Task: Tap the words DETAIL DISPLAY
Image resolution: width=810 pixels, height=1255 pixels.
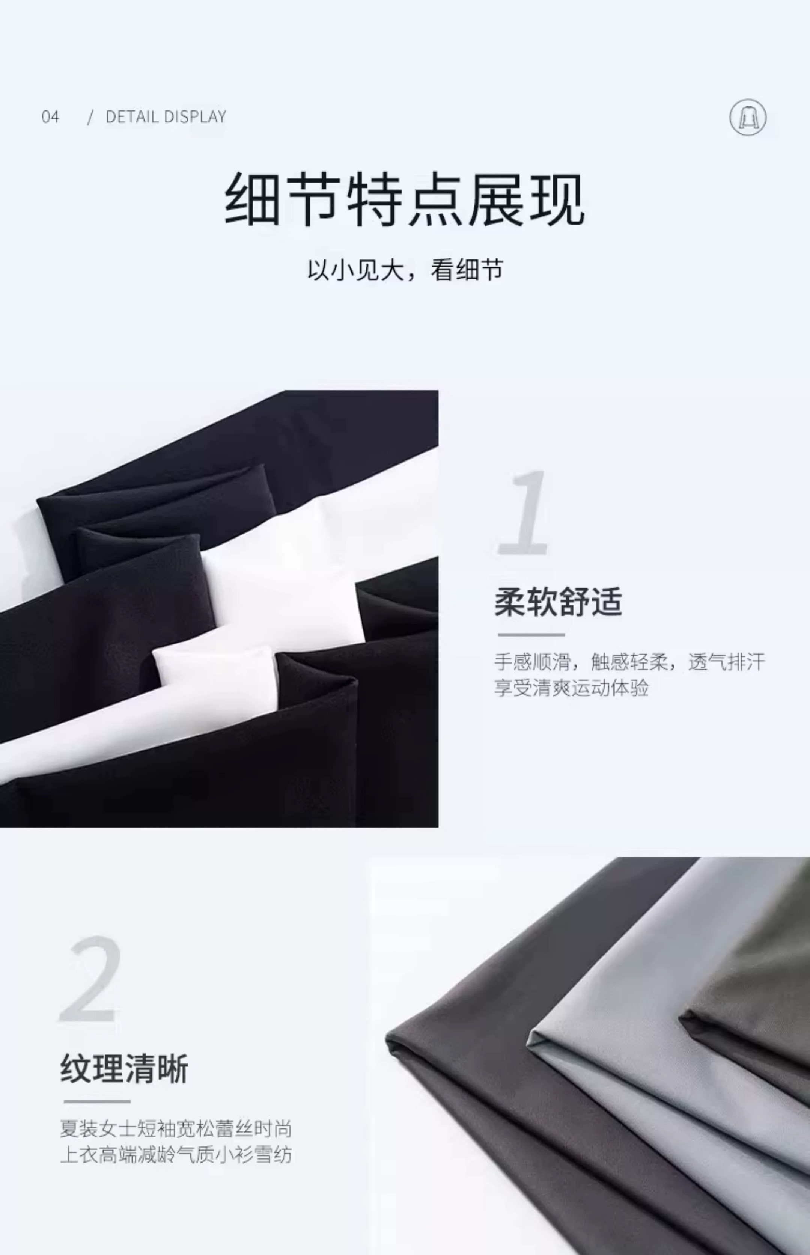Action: (166, 116)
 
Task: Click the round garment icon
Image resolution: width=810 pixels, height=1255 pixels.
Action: (747, 117)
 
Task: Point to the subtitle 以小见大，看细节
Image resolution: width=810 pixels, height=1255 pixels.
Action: (405, 270)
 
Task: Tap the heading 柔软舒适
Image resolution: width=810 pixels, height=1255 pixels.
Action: (558, 602)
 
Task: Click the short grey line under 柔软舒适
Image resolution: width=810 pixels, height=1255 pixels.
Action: (531, 635)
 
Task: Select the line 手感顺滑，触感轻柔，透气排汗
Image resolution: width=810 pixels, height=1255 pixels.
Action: (629, 662)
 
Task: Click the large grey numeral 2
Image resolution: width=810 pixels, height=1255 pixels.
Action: (90, 980)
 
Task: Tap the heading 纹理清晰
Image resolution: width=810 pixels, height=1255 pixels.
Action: (124, 1069)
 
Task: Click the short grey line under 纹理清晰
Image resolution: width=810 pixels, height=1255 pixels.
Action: (97, 1101)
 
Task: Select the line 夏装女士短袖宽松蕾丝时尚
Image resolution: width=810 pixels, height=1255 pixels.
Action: (176, 1129)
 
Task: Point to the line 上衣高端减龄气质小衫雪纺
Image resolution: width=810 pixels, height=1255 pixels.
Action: (176, 1155)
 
